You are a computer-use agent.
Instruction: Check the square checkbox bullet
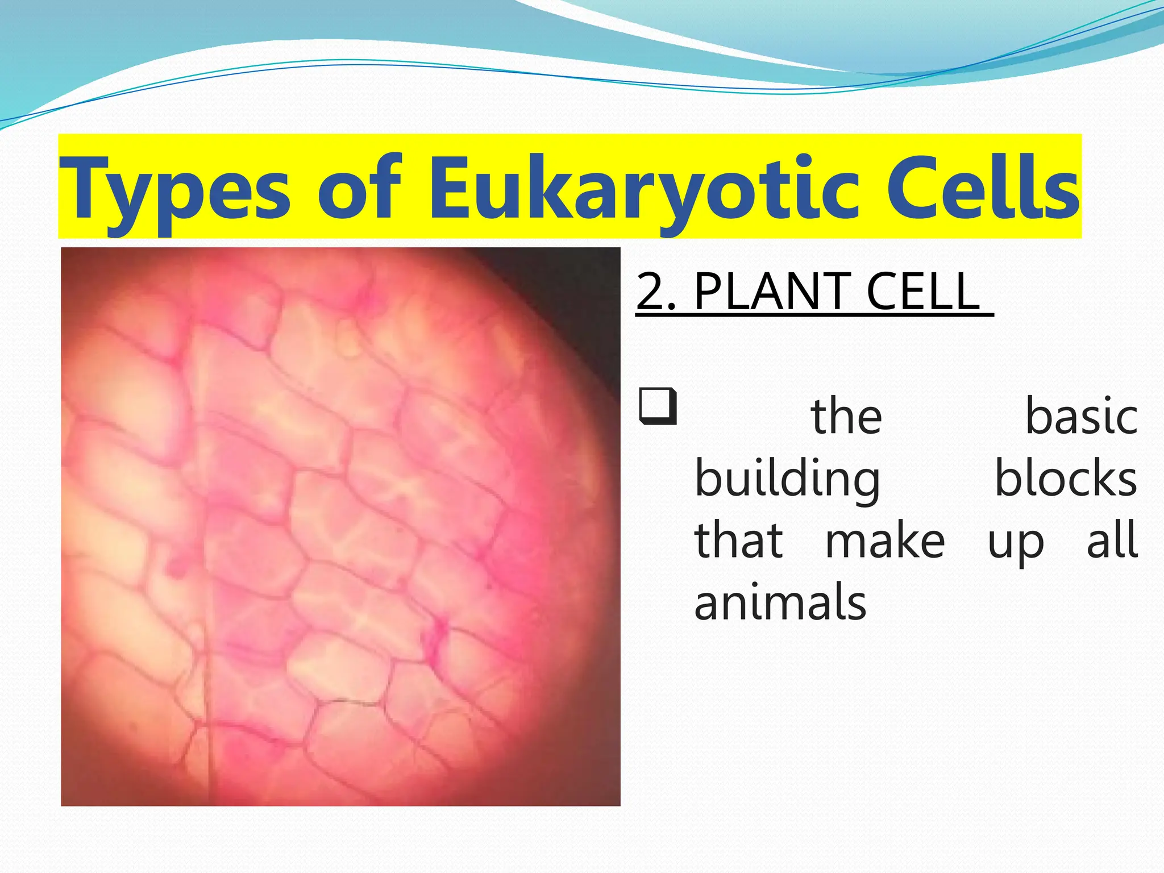(x=658, y=406)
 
